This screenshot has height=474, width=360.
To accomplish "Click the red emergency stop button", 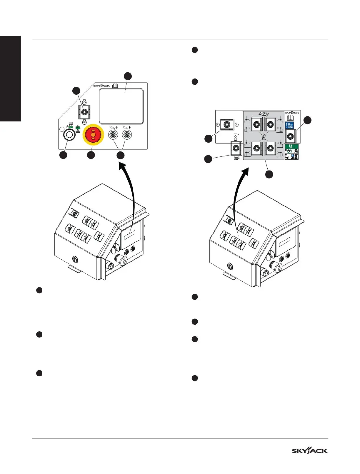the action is coord(93,135).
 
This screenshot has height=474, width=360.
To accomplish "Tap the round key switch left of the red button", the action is coord(70,135).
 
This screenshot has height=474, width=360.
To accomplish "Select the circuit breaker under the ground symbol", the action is coord(113,135).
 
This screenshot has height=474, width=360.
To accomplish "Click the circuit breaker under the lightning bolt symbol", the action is coord(127,135).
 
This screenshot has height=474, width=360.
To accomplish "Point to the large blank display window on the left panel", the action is coord(121,106).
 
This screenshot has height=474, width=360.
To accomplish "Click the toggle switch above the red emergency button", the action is coord(84,112).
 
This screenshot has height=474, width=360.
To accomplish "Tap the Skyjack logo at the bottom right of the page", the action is coord(309,450).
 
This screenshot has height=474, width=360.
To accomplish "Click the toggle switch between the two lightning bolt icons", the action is coord(227,124).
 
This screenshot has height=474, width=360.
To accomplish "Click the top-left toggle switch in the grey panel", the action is coord(257,124).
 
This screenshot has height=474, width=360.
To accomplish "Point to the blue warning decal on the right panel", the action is coord(289,125).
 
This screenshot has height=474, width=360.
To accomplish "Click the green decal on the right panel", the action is coord(291,146).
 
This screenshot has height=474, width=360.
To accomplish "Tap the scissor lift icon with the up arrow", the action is coord(235,137).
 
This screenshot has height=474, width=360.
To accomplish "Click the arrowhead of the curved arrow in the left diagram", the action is coord(121,167).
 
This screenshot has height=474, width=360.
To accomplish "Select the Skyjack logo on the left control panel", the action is coord(101,86).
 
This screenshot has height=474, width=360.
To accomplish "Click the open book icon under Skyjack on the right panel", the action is coord(289,118).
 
